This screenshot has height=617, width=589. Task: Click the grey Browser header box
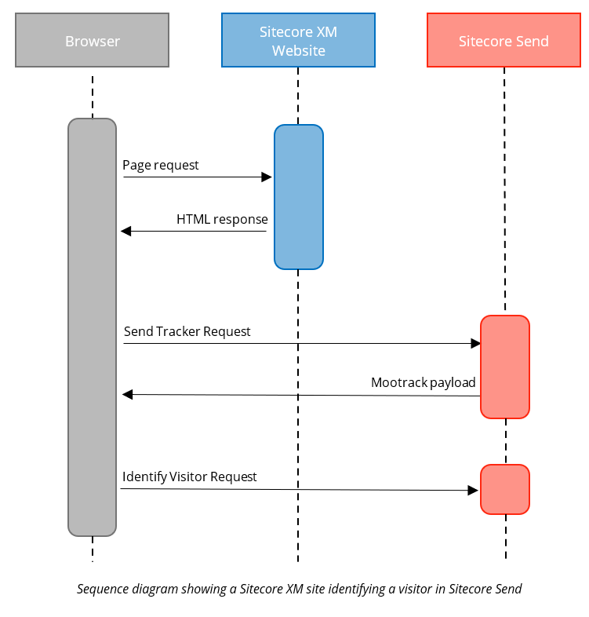point(92,40)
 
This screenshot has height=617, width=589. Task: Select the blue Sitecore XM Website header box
point(298,40)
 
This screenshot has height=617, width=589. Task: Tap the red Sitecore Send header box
point(504,40)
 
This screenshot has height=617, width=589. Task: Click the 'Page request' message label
point(161,165)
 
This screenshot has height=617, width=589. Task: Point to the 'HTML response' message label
point(222,219)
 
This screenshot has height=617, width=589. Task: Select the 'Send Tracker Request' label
point(187,331)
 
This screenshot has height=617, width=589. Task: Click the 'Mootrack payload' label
point(424,382)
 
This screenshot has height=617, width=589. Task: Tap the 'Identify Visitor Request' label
point(190,476)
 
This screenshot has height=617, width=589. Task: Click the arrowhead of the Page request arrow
point(267,177)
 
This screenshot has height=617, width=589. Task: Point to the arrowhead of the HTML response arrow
point(125,231)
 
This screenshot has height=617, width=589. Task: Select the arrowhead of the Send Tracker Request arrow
point(475,344)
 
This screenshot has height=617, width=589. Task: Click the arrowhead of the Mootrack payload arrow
point(127,395)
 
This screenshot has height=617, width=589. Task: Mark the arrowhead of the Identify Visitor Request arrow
point(473,490)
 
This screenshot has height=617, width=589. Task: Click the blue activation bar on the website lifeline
point(298,196)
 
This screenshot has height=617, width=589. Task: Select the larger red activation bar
point(505,367)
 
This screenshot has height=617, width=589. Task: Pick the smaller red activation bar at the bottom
point(505,489)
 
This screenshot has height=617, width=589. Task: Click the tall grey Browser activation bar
point(92,327)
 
